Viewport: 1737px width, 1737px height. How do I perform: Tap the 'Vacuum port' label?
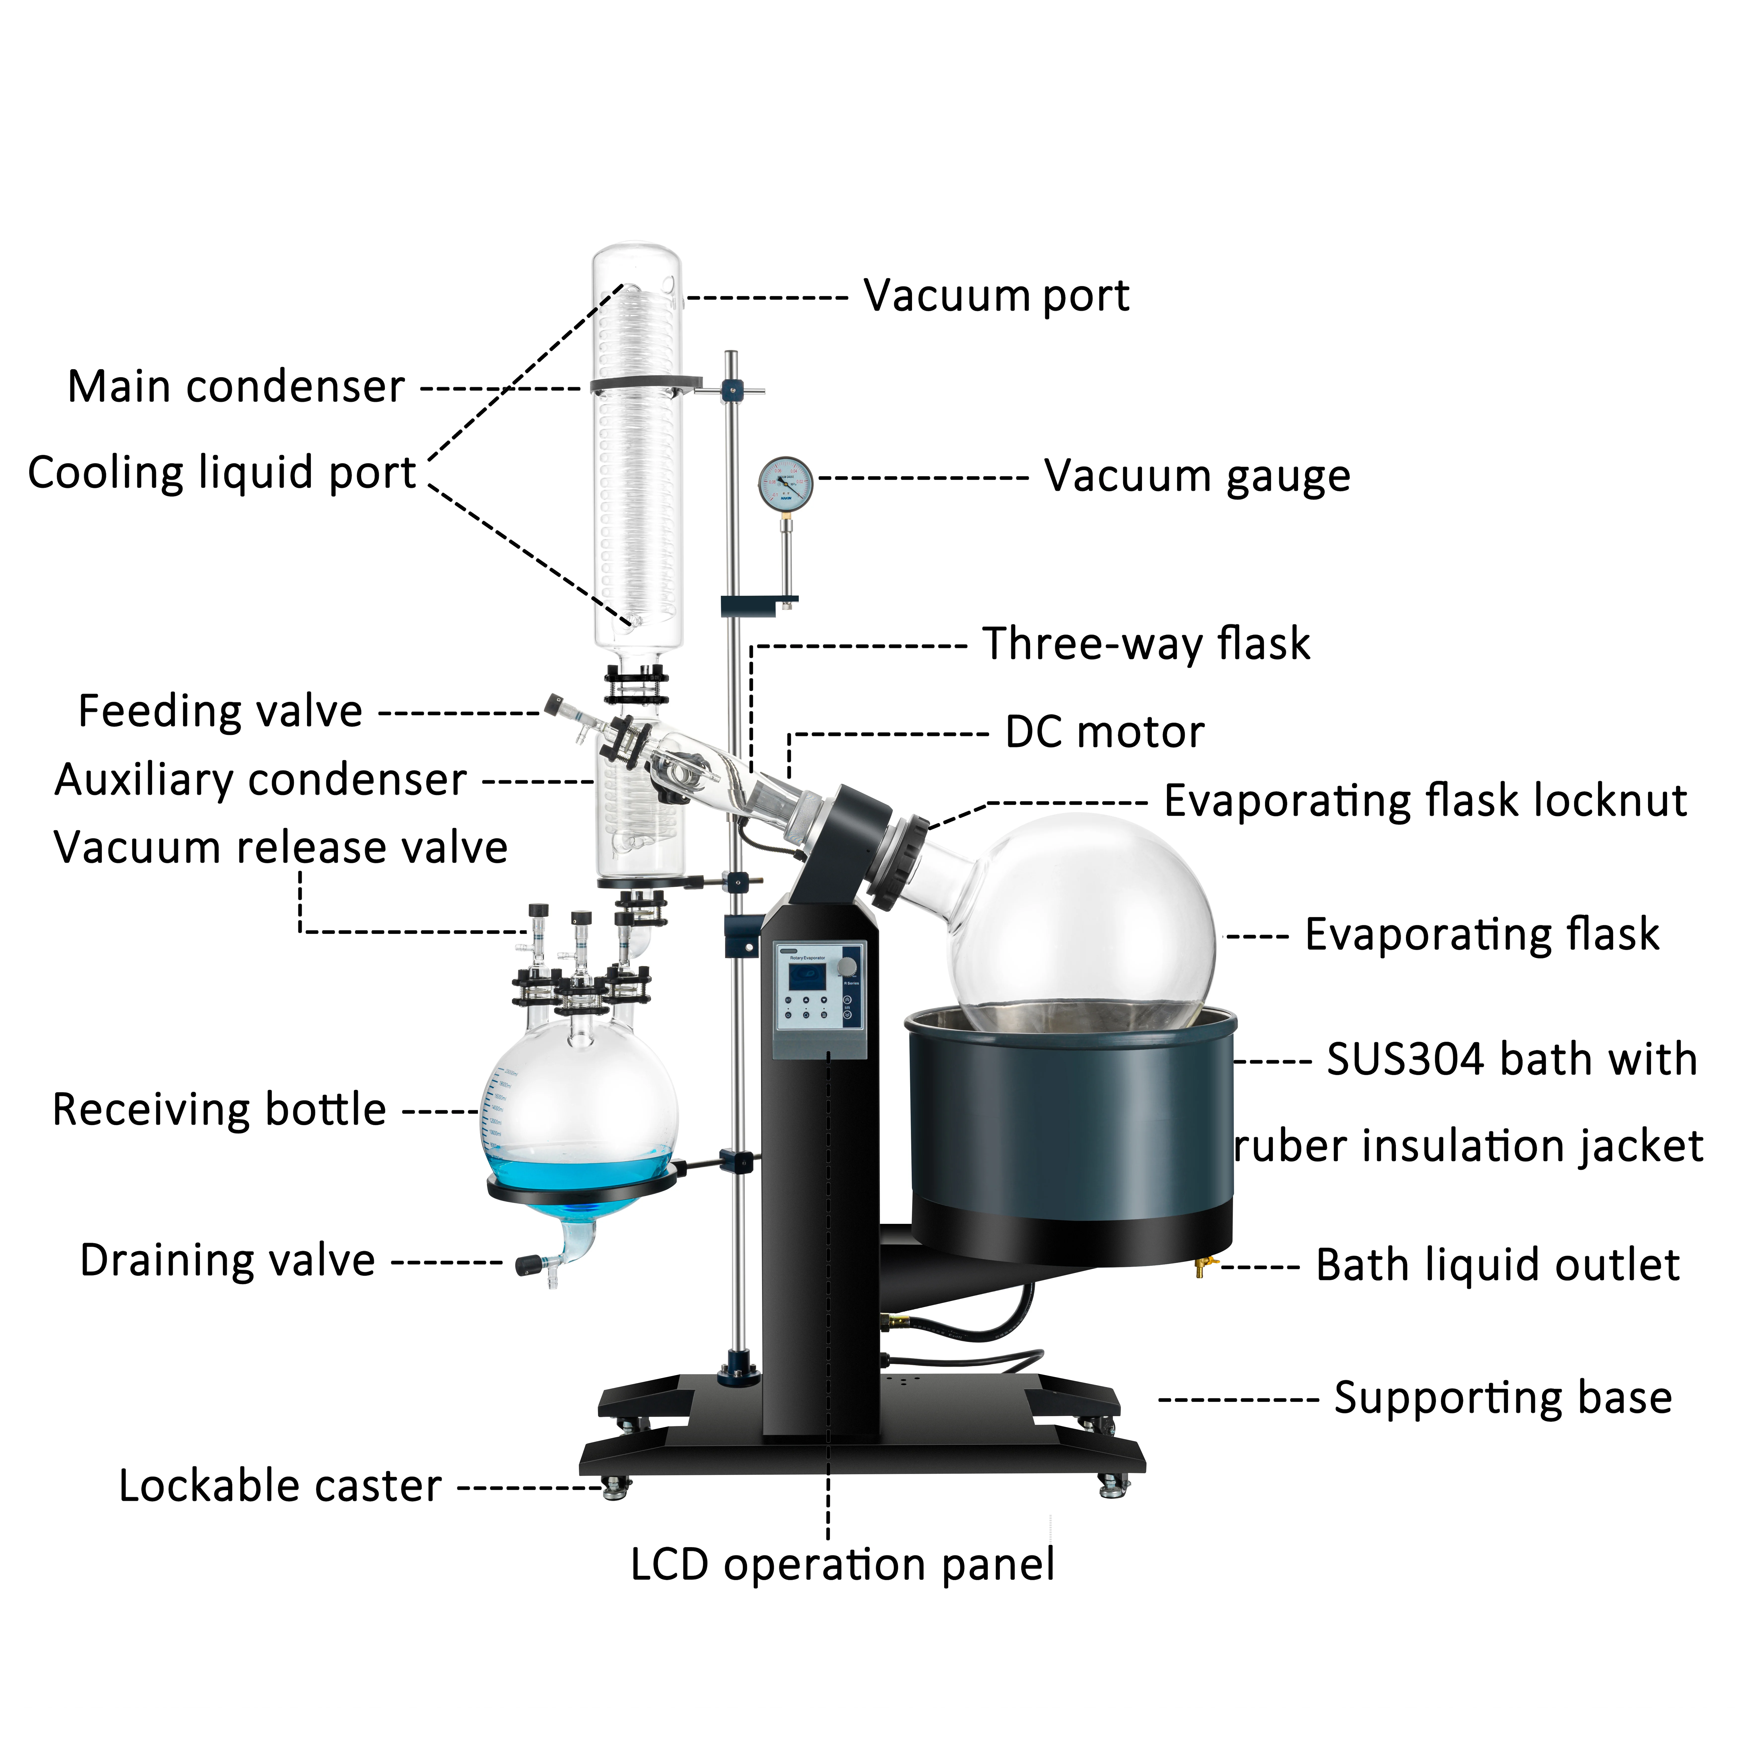point(995,296)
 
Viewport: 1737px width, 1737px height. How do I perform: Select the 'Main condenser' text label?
point(235,388)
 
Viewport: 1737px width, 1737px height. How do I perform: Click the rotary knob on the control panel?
point(846,967)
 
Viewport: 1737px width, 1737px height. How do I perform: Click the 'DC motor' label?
point(1104,733)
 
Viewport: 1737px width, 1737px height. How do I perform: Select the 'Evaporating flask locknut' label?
point(1425,801)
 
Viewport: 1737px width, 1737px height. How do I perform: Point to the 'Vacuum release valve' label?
point(280,848)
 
